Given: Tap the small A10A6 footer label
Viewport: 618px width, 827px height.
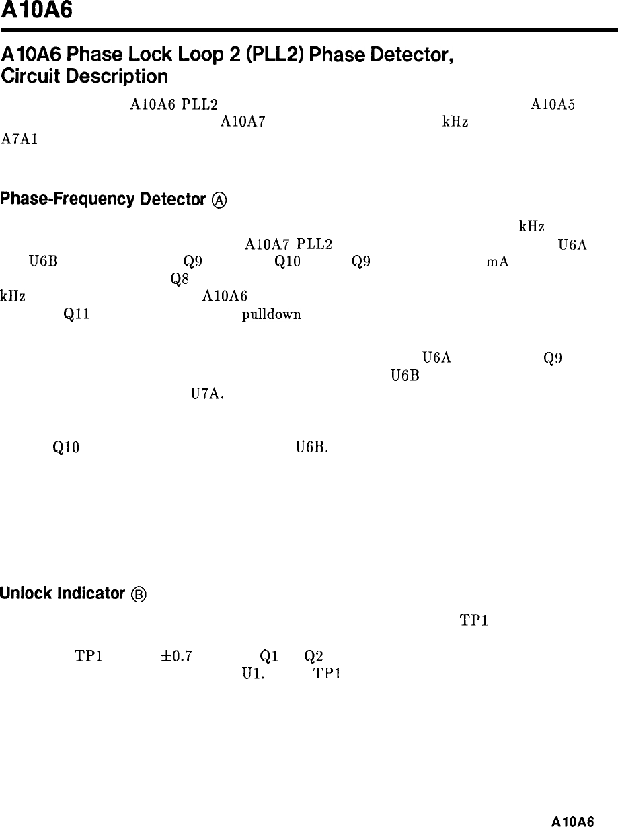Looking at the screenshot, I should pyautogui.click(x=572, y=821).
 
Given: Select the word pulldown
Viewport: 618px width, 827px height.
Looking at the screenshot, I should pyautogui.click(x=272, y=314).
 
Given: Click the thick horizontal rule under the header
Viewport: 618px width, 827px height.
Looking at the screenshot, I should pyautogui.click(x=309, y=30).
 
